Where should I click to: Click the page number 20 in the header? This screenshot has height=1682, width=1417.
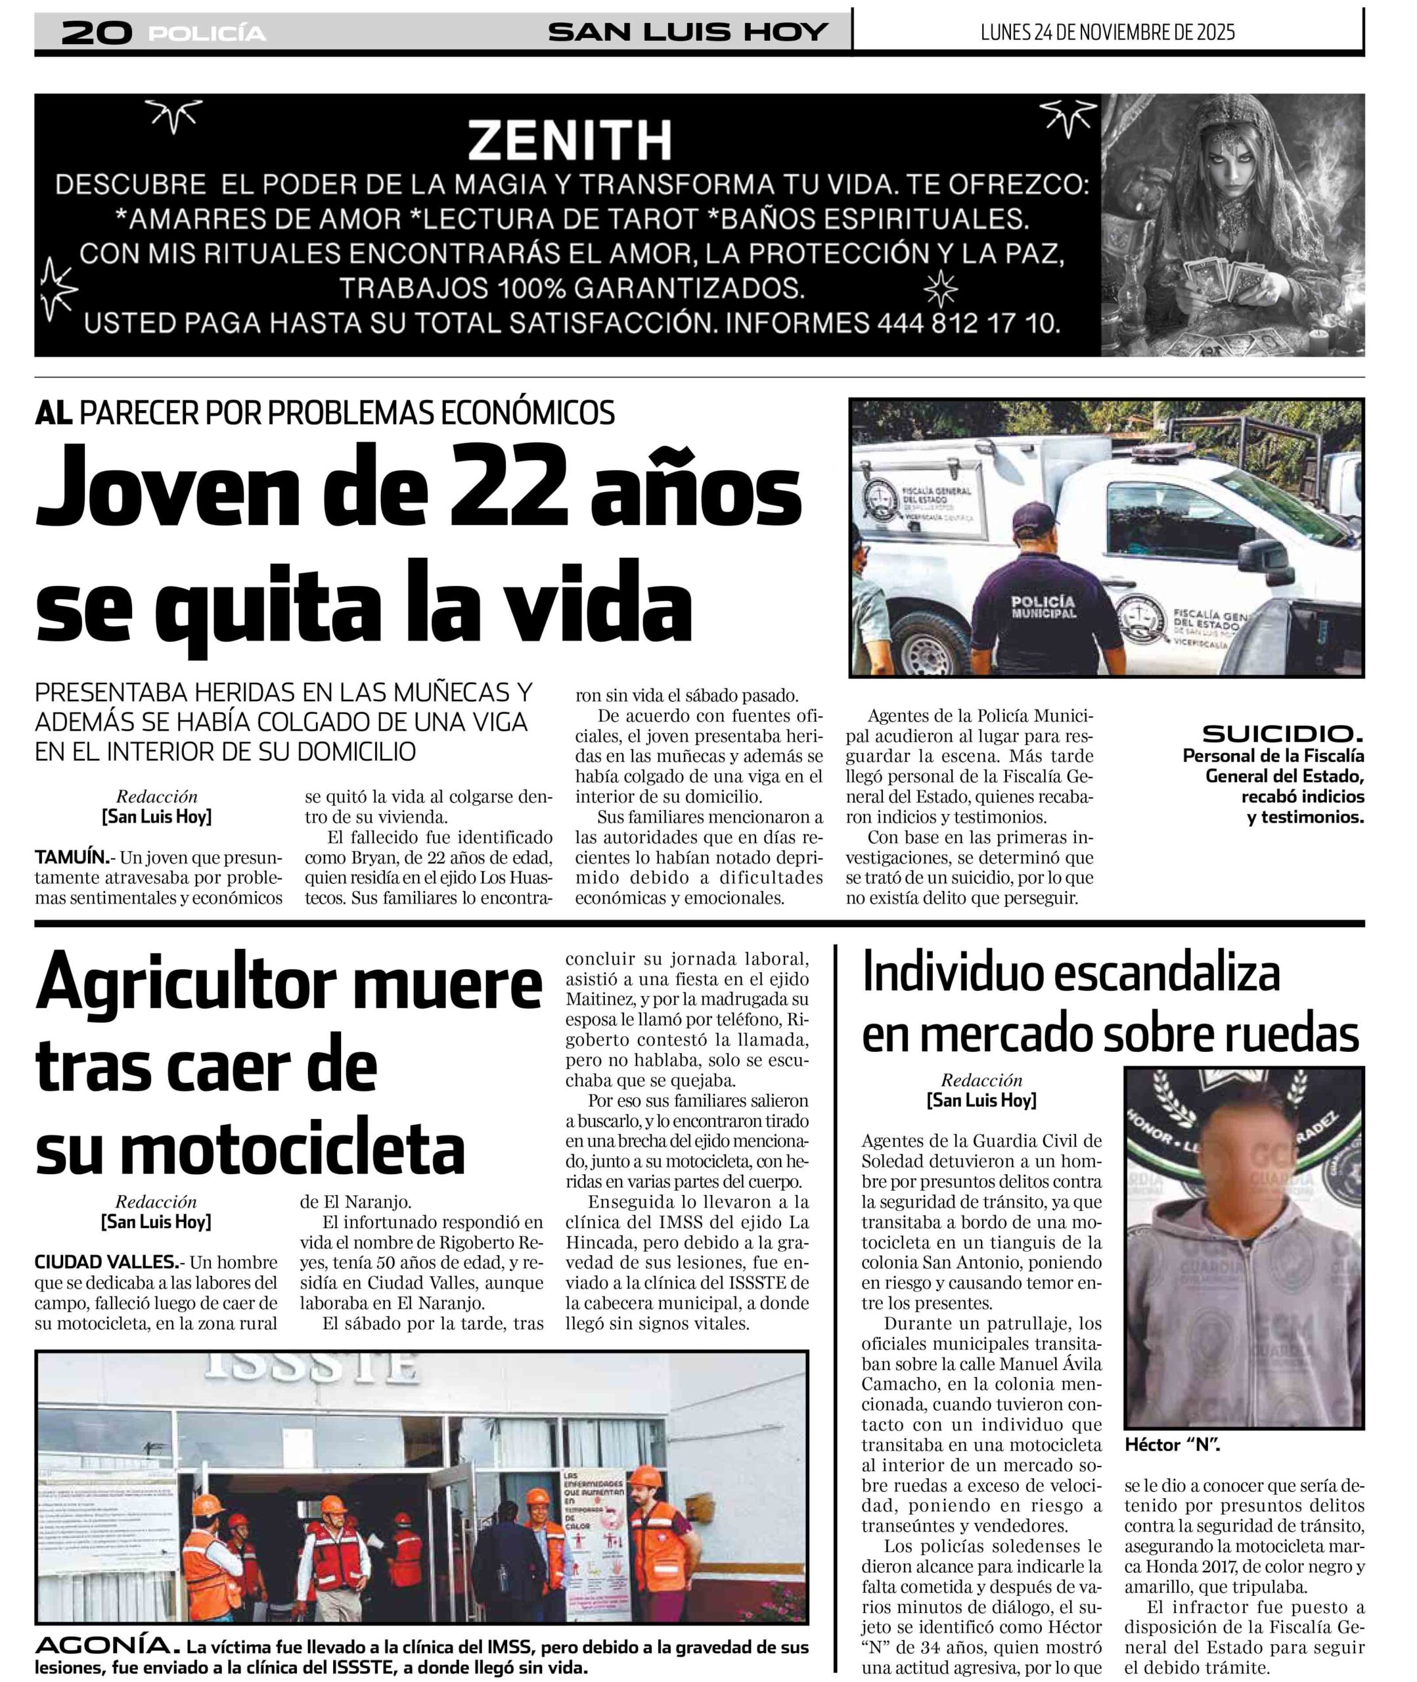[x=97, y=32]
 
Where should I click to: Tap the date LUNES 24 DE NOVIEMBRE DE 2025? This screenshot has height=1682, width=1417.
[x=1108, y=32]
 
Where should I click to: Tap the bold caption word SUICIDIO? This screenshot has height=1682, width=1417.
[x=1282, y=733]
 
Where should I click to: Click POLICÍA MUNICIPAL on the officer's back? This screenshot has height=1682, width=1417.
[x=1043, y=606]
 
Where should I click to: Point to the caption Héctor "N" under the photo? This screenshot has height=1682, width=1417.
[x=1172, y=1445]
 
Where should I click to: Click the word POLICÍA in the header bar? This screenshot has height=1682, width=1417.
[x=207, y=34]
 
